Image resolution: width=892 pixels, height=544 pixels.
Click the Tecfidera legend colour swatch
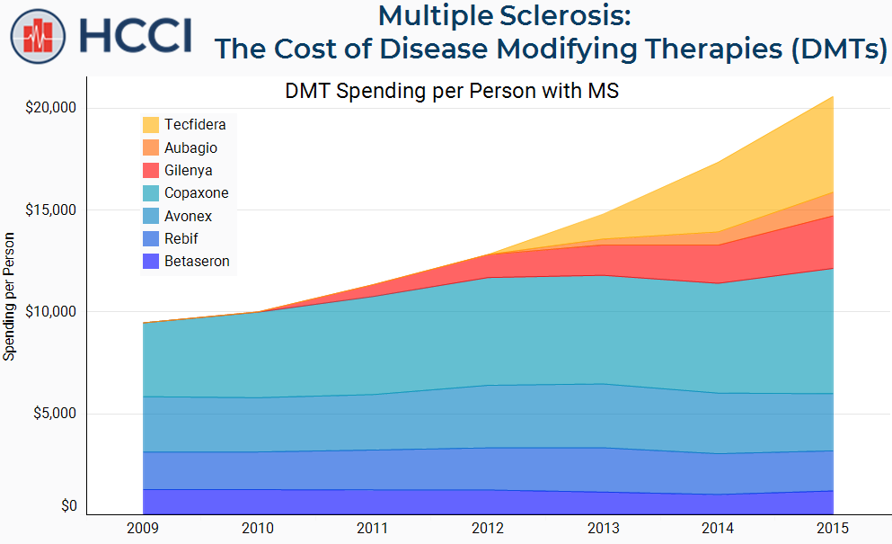click(x=151, y=125)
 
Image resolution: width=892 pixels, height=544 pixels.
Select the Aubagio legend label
click(x=190, y=147)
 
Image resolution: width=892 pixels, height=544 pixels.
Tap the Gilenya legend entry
click(x=189, y=170)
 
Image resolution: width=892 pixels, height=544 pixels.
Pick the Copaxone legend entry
click(x=196, y=192)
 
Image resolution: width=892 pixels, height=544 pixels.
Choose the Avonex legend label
click(x=188, y=216)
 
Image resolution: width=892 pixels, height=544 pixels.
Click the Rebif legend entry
click(x=181, y=238)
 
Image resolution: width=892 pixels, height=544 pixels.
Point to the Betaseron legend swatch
click(x=151, y=262)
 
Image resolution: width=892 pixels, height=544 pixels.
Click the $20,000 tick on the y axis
click(x=52, y=108)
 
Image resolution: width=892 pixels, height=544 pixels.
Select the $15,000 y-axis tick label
click(x=52, y=210)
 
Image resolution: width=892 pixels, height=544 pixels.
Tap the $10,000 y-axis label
click(x=52, y=312)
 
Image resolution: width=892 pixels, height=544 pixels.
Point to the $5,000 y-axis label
click(x=56, y=414)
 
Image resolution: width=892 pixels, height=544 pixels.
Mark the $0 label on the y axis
click(x=68, y=506)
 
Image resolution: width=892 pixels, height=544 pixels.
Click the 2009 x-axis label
click(x=143, y=528)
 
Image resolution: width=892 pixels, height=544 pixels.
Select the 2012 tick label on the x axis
click(x=488, y=528)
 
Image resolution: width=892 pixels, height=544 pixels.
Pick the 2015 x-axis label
click(x=833, y=528)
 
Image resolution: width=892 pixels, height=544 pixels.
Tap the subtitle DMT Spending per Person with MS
click(x=452, y=92)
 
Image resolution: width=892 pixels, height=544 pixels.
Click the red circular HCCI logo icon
click(x=39, y=37)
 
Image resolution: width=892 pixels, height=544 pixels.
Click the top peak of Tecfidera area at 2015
click(x=833, y=96)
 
